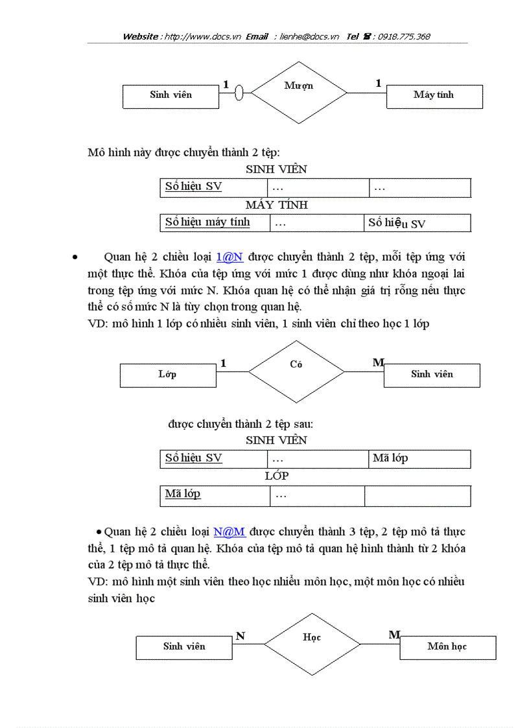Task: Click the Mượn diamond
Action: click(x=299, y=93)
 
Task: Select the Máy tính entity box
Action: click(x=434, y=96)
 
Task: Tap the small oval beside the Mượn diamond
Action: click(x=239, y=93)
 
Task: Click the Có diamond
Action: click(x=296, y=371)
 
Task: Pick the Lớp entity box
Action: click(x=168, y=375)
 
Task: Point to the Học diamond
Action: click(x=312, y=644)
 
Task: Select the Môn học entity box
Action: click(x=447, y=647)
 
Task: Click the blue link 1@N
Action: click(x=229, y=256)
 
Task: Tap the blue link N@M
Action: click(x=229, y=532)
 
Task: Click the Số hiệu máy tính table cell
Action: click(x=214, y=222)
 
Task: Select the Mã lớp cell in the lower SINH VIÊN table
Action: click(x=419, y=458)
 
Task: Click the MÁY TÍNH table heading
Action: click(x=277, y=205)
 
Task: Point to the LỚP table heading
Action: click(x=277, y=476)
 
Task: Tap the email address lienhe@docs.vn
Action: click(x=309, y=37)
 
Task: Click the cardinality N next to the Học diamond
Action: click(x=241, y=636)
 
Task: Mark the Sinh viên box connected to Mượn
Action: click(x=170, y=96)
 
